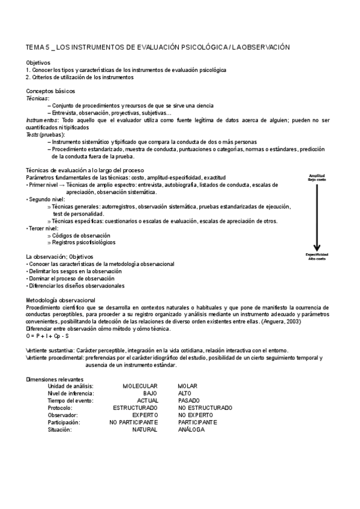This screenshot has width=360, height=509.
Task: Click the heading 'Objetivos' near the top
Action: pos(38,62)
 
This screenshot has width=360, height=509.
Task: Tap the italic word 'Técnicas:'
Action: pos(38,98)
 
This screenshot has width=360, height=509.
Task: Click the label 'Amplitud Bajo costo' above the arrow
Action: pos(317,178)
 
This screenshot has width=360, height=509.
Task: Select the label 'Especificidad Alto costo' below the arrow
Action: pos(317,256)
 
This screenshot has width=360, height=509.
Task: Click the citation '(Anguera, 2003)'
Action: pos(281,322)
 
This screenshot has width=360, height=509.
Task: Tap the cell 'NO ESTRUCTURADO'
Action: pos(205,408)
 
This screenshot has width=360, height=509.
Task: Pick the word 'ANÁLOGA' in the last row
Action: pos(191,430)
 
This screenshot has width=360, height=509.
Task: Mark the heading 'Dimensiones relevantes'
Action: pos(55,379)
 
